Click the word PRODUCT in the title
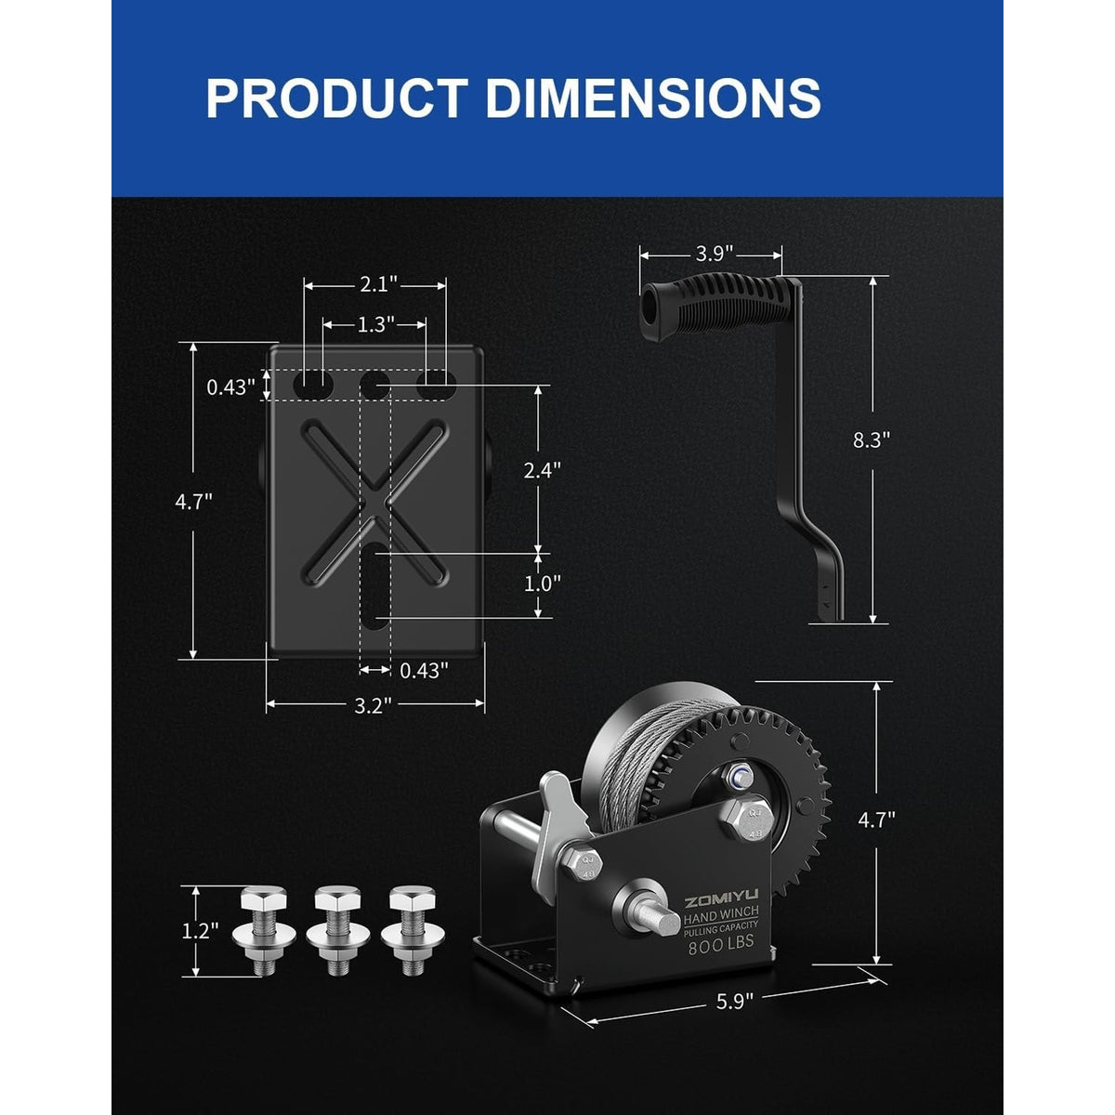[337, 98]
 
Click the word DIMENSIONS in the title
[653, 98]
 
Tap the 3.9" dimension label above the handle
[714, 254]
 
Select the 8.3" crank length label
[871, 439]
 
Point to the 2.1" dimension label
[379, 284]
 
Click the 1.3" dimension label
[375, 325]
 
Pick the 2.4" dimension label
[542, 471]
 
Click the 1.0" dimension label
[542, 584]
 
